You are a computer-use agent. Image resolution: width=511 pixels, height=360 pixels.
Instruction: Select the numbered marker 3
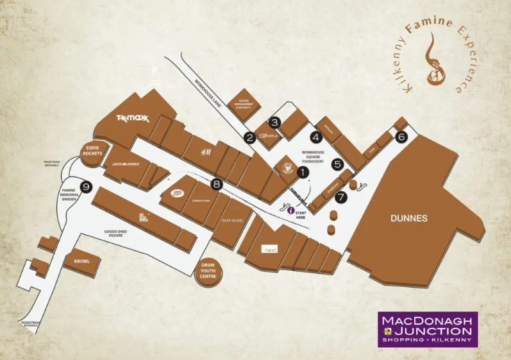[x=274, y=122]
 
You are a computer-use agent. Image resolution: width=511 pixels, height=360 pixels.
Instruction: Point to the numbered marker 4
[x=315, y=136]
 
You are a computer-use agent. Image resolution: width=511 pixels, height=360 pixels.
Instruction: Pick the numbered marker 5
[x=337, y=164]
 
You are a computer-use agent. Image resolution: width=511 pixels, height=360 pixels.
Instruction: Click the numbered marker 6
[x=401, y=136]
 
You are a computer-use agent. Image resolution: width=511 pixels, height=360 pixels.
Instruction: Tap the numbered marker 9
[x=87, y=187]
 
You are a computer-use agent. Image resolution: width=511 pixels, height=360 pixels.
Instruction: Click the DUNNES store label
[x=408, y=218]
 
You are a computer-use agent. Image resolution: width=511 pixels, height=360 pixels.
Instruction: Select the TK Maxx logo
[x=132, y=118]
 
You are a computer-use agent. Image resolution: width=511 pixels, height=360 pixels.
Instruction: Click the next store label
[x=269, y=249]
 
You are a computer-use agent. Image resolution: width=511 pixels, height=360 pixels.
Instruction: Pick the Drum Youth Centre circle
[x=208, y=273]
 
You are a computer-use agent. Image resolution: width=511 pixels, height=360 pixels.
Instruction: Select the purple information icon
[x=290, y=210]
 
